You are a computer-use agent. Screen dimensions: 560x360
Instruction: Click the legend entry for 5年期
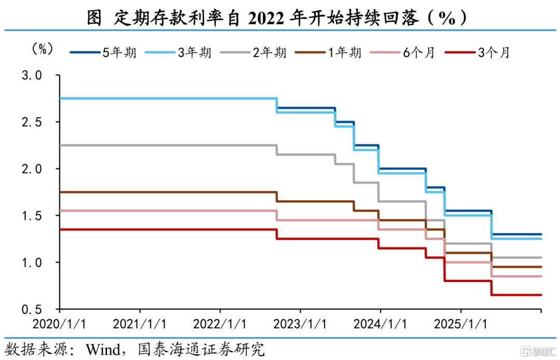[x=103, y=52]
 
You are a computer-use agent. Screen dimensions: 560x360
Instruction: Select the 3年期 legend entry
[x=178, y=52]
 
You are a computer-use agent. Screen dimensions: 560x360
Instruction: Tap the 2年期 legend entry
[x=253, y=52]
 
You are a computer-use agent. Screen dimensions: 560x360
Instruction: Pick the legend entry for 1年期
[x=328, y=52]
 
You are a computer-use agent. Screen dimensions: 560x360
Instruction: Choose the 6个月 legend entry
[x=402, y=52]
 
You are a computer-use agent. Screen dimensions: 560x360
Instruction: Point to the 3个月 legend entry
[x=478, y=52]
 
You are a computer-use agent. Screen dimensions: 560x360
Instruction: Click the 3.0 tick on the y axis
[x=32, y=75]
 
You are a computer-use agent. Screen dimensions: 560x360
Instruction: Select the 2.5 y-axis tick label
[x=32, y=122]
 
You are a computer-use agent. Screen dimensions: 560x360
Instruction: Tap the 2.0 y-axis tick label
[x=32, y=169]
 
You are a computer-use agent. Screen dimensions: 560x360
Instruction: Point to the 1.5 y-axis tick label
[x=32, y=216]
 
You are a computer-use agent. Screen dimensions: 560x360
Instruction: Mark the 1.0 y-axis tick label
[x=32, y=262]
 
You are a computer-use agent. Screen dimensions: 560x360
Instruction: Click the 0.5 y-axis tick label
[x=32, y=309]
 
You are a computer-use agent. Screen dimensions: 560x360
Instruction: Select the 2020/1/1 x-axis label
[x=59, y=324]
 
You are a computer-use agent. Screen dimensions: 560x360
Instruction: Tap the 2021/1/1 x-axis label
[x=139, y=324]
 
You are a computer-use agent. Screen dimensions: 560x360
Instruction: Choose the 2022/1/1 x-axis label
[x=220, y=324]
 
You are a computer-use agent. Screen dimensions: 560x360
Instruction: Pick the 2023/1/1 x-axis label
[x=300, y=324]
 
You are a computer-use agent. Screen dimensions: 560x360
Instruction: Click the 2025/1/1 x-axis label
[x=460, y=324]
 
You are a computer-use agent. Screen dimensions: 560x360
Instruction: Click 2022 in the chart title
[x=265, y=18]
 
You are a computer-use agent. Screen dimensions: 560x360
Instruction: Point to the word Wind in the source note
[x=103, y=349]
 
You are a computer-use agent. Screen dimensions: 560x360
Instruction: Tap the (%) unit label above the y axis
[x=43, y=49]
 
